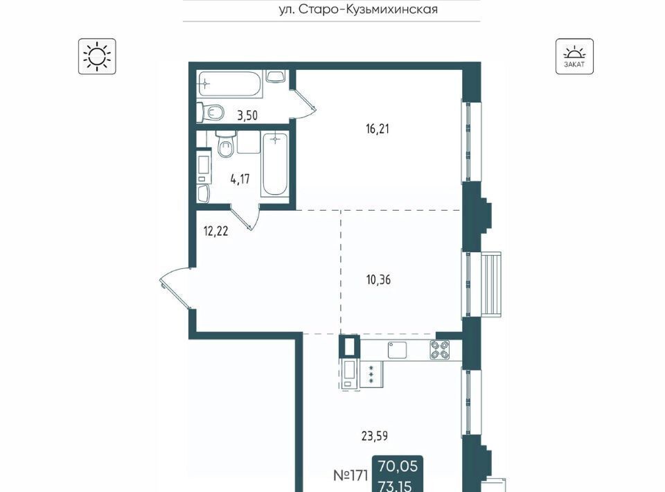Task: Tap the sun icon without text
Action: (x=97, y=56)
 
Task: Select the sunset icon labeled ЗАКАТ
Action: (x=574, y=56)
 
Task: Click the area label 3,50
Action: (x=247, y=115)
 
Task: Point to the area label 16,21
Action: (x=378, y=128)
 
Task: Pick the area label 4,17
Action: (x=240, y=179)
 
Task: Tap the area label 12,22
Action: (x=216, y=231)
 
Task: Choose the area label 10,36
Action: (x=378, y=280)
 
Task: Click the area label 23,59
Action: (x=375, y=436)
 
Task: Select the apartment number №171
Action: (x=351, y=475)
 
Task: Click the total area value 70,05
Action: (x=398, y=466)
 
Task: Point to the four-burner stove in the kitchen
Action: (x=439, y=351)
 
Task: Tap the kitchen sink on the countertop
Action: (x=397, y=351)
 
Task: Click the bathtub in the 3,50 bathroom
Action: (x=229, y=84)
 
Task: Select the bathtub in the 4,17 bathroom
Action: (x=275, y=164)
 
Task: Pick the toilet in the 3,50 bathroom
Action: (x=213, y=112)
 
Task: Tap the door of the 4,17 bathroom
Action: (x=245, y=217)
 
